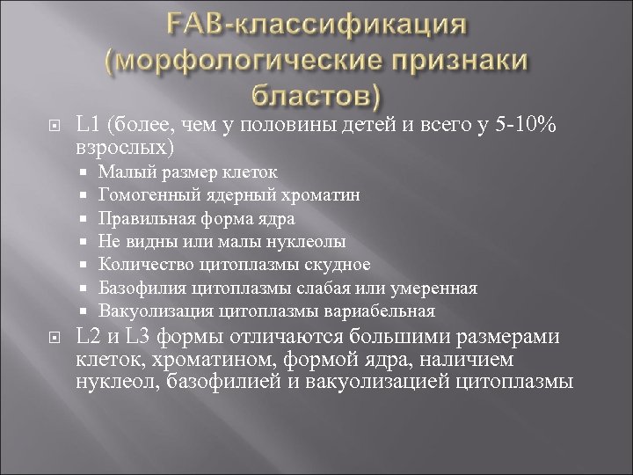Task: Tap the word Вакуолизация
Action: pyautogui.click(x=149, y=311)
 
